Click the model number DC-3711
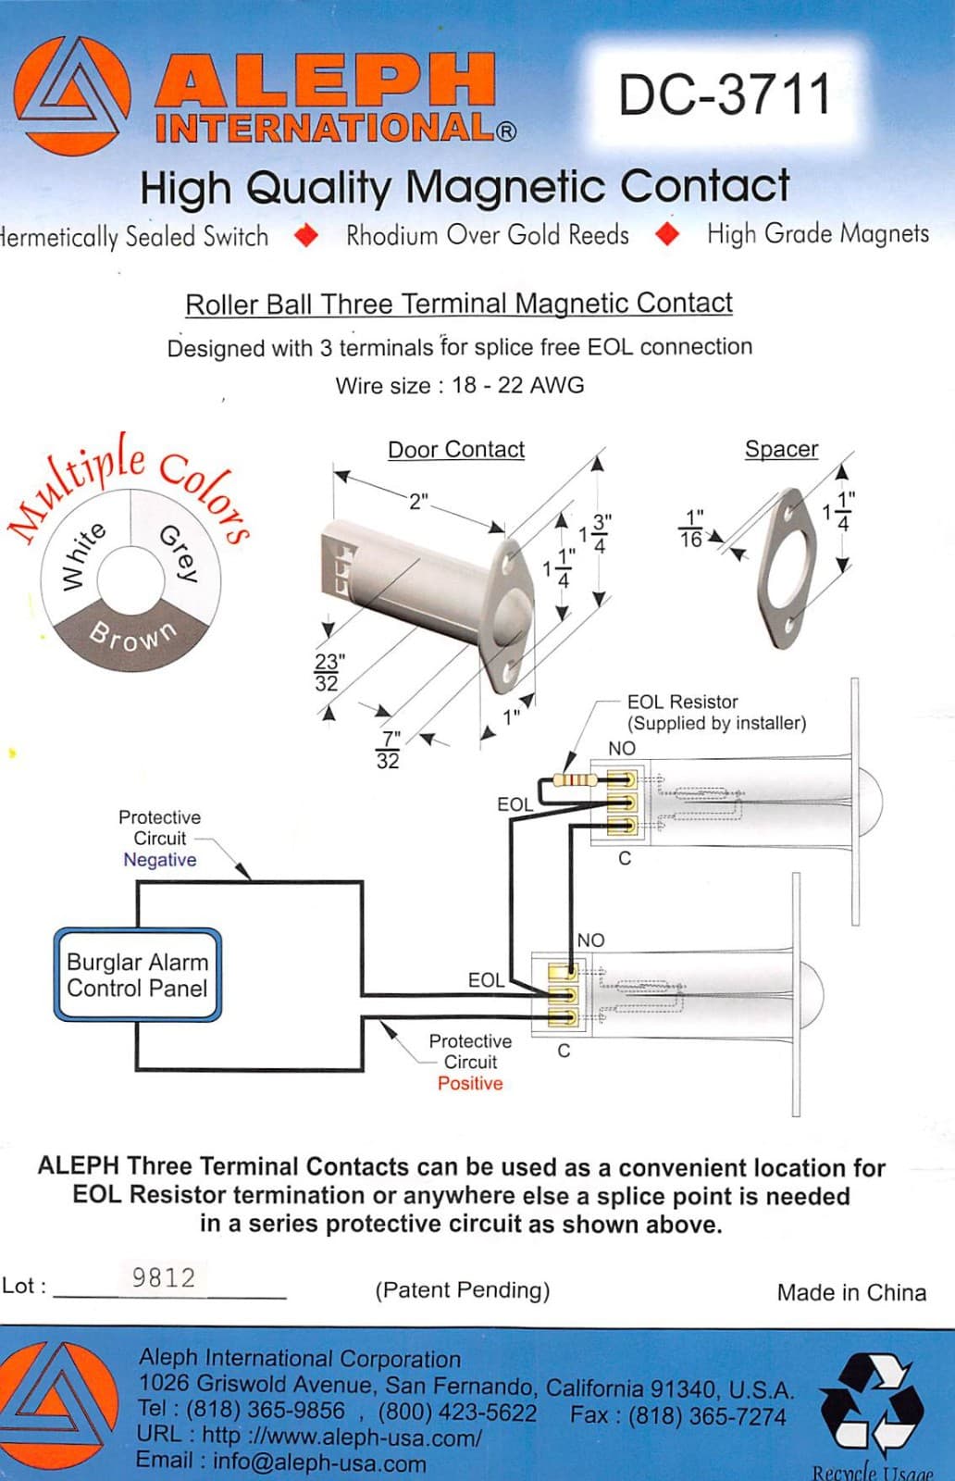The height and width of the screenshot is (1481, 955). (725, 94)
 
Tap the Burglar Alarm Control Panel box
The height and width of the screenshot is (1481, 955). (137, 975)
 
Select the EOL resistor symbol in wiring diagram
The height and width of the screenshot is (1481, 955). (575, 779)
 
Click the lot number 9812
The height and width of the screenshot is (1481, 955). (164, 1278)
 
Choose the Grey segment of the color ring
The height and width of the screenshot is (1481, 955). (179, 551)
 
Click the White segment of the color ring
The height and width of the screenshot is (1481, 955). (83, 554)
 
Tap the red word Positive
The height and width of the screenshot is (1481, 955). (470, 1083)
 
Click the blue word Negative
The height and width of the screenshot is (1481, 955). (159, 860)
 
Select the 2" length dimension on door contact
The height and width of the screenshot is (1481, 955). (418, 501)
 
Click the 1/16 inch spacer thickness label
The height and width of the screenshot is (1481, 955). (692, 529)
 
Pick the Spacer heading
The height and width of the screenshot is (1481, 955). (781, 449)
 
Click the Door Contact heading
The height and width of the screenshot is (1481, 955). (455, 450)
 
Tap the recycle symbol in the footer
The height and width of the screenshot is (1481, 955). (871, 1403)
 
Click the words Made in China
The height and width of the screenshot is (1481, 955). (850, 1292)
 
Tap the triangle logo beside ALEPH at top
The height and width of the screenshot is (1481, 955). (71, 96)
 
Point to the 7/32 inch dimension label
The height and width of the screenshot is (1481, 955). (390, 750)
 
